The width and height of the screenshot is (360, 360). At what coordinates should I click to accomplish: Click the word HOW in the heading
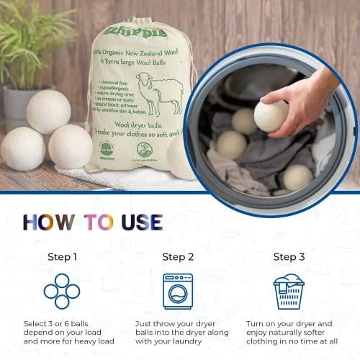coord(48,221)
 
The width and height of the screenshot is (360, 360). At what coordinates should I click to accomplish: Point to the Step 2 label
coord(178,257)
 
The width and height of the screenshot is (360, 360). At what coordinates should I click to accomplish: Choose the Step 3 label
coord(289,257)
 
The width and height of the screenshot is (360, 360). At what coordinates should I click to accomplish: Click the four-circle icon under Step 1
coord(62,291)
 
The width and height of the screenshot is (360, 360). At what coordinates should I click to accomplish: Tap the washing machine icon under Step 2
coord(178,291)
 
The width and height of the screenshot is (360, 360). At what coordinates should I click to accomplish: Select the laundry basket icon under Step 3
coord(289,291)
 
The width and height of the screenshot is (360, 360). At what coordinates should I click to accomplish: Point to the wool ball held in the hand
coord(271,115)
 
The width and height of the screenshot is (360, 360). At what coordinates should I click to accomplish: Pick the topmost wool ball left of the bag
coord(49,111)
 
